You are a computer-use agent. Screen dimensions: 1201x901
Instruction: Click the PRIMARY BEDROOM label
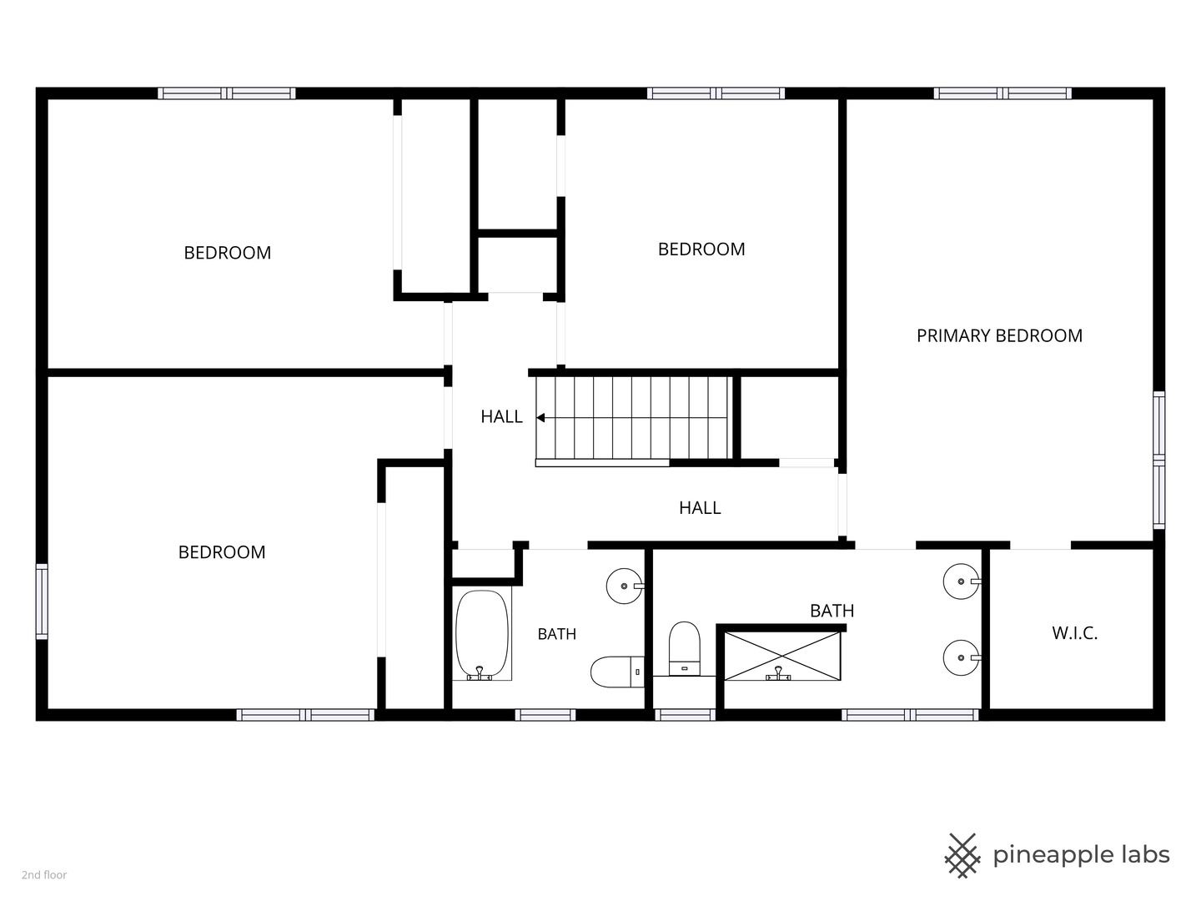(x=999, y=335)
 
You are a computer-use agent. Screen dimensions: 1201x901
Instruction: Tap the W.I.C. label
(x=1074, y=633)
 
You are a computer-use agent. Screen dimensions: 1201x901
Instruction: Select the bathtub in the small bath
(x=481, y=635)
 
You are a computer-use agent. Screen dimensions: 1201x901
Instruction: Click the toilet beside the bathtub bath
(x=617, y=672)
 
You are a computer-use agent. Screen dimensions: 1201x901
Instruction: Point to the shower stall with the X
(x=782, y=656)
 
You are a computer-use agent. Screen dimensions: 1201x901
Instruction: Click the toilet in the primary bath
(x=685, y=648)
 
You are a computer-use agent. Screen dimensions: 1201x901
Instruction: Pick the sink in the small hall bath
(x=625, y=586)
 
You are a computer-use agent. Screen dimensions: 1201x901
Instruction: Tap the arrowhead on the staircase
(x=540, y=418)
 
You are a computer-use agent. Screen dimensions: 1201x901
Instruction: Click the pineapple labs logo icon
(x=962, y=856)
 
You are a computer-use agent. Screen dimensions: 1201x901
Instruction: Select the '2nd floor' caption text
(x=44, y=875)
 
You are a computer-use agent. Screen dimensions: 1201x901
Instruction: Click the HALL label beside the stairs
(x=502, y=417)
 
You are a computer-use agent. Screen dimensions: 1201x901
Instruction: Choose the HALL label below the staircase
(x=700, y=508)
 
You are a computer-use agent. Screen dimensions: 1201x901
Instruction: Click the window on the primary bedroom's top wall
(x=1003, y=93)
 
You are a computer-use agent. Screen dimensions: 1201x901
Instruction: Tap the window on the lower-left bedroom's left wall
(x=42, y=602)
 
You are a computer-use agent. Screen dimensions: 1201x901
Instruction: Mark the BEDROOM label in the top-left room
(x=228, y=253)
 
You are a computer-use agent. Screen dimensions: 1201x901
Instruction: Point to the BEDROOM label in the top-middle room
(x=701, y=249)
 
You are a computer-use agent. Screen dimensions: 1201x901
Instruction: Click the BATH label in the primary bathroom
(x=832, y=611)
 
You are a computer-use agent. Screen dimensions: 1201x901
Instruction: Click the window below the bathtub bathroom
(x=545, y=714)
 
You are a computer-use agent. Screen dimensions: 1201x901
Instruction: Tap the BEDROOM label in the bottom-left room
(x=222, y=552)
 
